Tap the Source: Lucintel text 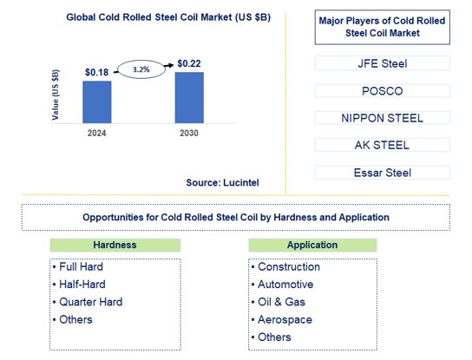[222, 183]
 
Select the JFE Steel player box [382, 62]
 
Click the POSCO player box [382, 90]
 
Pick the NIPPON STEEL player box [382, 117]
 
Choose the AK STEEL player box [382, 145]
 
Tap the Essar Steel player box [382, 172]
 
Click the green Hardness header [115, 245]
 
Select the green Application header [311, 245]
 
